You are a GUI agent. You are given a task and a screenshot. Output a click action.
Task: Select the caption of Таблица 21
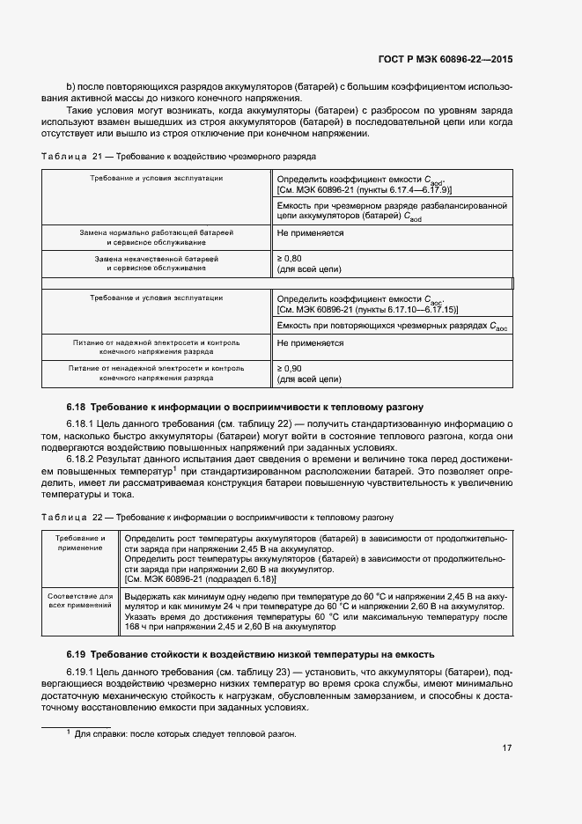point(179,156)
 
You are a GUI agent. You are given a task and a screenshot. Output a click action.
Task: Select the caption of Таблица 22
point(217,517)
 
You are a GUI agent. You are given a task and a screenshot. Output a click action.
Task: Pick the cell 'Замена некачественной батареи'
point(157,264)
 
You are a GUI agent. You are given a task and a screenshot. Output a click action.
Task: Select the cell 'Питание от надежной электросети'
point(157,345)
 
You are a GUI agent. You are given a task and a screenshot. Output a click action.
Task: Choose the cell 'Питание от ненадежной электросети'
point(157,373)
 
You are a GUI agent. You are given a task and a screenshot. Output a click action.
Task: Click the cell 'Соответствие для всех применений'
point(80,601)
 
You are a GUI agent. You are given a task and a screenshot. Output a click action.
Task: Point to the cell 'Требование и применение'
point(80,542)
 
